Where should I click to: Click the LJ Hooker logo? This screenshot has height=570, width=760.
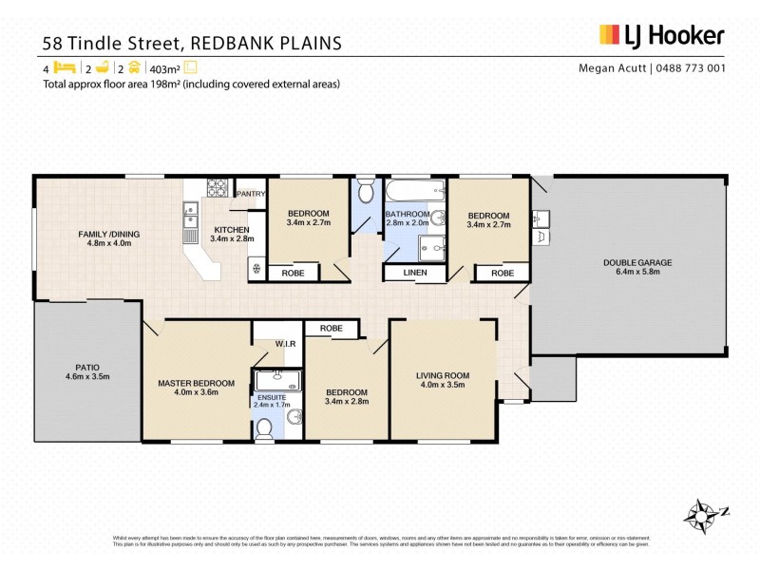click(661, 36)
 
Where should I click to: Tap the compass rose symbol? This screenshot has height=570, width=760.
click(703, 514)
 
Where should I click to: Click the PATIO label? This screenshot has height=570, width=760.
click(87, 370)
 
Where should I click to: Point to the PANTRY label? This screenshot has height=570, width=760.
click(251, 194)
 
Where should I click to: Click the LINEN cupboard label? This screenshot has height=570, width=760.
click(415, 274)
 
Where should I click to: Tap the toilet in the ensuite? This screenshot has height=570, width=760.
click(264, 429)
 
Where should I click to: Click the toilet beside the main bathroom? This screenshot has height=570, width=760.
click(367, 187)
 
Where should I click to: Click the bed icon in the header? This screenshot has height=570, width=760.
click(64, 67)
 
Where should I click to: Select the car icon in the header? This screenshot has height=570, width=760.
click(134, 67)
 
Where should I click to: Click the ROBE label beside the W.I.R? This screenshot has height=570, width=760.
click(331, 329)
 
